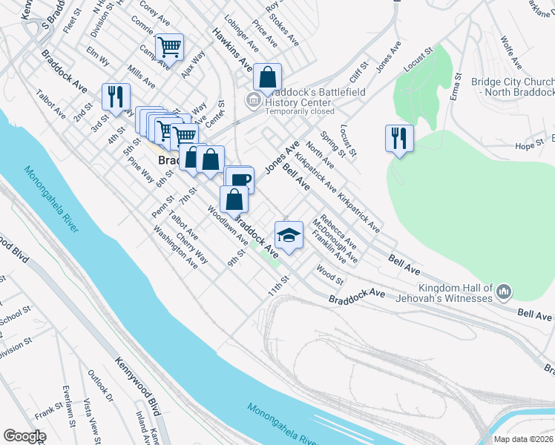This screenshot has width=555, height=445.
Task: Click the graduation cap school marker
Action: click(289, 236)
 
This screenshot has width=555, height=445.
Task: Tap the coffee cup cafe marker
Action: click(240, 179)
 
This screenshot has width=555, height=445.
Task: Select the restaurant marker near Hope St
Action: click(399, 138)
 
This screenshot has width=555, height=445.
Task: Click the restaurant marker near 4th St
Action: click(116, 96)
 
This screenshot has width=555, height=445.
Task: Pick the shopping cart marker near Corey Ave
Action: click(171, 47)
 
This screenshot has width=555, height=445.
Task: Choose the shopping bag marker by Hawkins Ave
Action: click(267, 76)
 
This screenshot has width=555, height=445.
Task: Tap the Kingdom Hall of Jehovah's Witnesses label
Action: click(455, 292)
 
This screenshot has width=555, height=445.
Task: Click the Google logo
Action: click(24, 436)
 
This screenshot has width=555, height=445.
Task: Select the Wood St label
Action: click(330, 275)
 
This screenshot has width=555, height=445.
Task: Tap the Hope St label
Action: click(530, 145)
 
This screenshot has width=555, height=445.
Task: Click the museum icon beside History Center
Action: click(252, 99)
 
